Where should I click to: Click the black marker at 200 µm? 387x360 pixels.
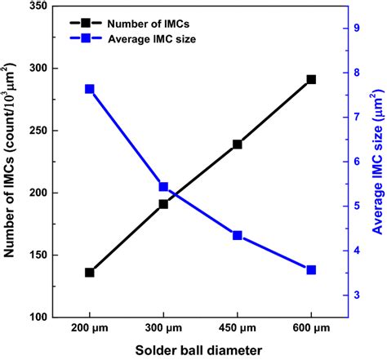click(89, 273)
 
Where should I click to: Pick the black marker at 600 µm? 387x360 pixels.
click(311, 79)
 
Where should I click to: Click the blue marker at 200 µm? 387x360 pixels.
click(89, 89)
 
